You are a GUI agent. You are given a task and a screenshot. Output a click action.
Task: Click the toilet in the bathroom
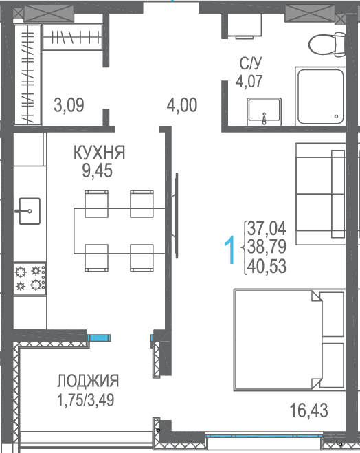point(327,45)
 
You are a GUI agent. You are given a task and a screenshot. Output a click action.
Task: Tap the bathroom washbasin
point(264,111)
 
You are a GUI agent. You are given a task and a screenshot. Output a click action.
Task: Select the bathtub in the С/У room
point(320,96)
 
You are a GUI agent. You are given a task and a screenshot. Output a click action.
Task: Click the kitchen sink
point(29,211)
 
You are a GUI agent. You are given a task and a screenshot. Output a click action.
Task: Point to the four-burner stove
point(30,279)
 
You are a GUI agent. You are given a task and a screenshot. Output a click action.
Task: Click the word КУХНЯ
point(99,153)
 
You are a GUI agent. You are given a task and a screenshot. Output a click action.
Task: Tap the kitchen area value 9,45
point(98,171)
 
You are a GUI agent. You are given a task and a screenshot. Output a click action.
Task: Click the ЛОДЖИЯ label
point(88,381)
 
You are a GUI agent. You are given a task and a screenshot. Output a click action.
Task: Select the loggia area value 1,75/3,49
point(86,400)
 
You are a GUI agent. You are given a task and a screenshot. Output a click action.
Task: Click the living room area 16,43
point(308,410)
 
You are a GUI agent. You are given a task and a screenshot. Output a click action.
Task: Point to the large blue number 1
point(230,250)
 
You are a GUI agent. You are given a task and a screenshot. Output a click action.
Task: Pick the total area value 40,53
point(267,266)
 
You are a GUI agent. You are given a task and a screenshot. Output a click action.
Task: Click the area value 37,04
point(267,228)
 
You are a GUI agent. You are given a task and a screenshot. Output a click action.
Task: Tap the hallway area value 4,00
point(182,105)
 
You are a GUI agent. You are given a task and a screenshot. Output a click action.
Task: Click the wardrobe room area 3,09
point(69,105)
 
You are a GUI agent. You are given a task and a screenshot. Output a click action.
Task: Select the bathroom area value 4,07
point(249,81)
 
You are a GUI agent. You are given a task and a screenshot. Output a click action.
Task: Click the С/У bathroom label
point(251,63)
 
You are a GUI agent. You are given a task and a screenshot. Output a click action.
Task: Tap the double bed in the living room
point(289,340)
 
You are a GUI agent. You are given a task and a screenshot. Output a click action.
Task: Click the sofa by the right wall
point(320,194)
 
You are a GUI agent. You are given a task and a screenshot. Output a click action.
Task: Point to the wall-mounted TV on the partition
point(175,216)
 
